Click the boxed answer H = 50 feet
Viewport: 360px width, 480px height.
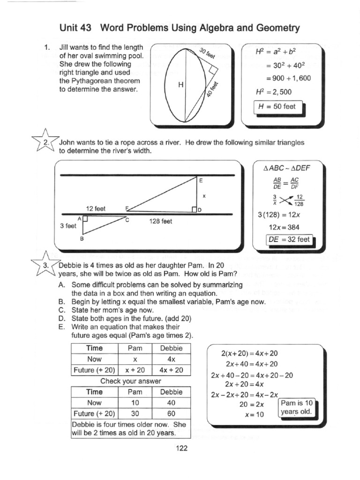point(278,106)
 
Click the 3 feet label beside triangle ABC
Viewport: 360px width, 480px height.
point(68,225)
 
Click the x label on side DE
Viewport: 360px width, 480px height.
point(204,195)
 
